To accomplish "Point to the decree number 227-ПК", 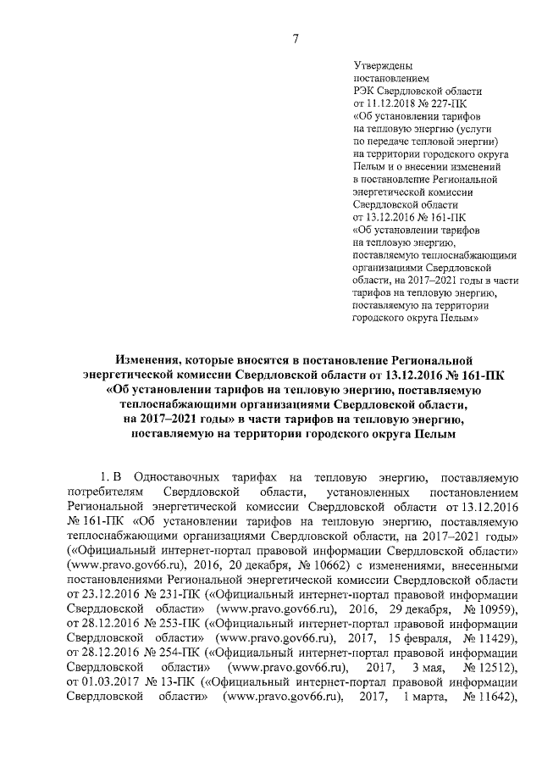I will point(451,102).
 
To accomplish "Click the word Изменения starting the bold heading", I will point(152,361).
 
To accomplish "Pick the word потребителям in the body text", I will point(100,492).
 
